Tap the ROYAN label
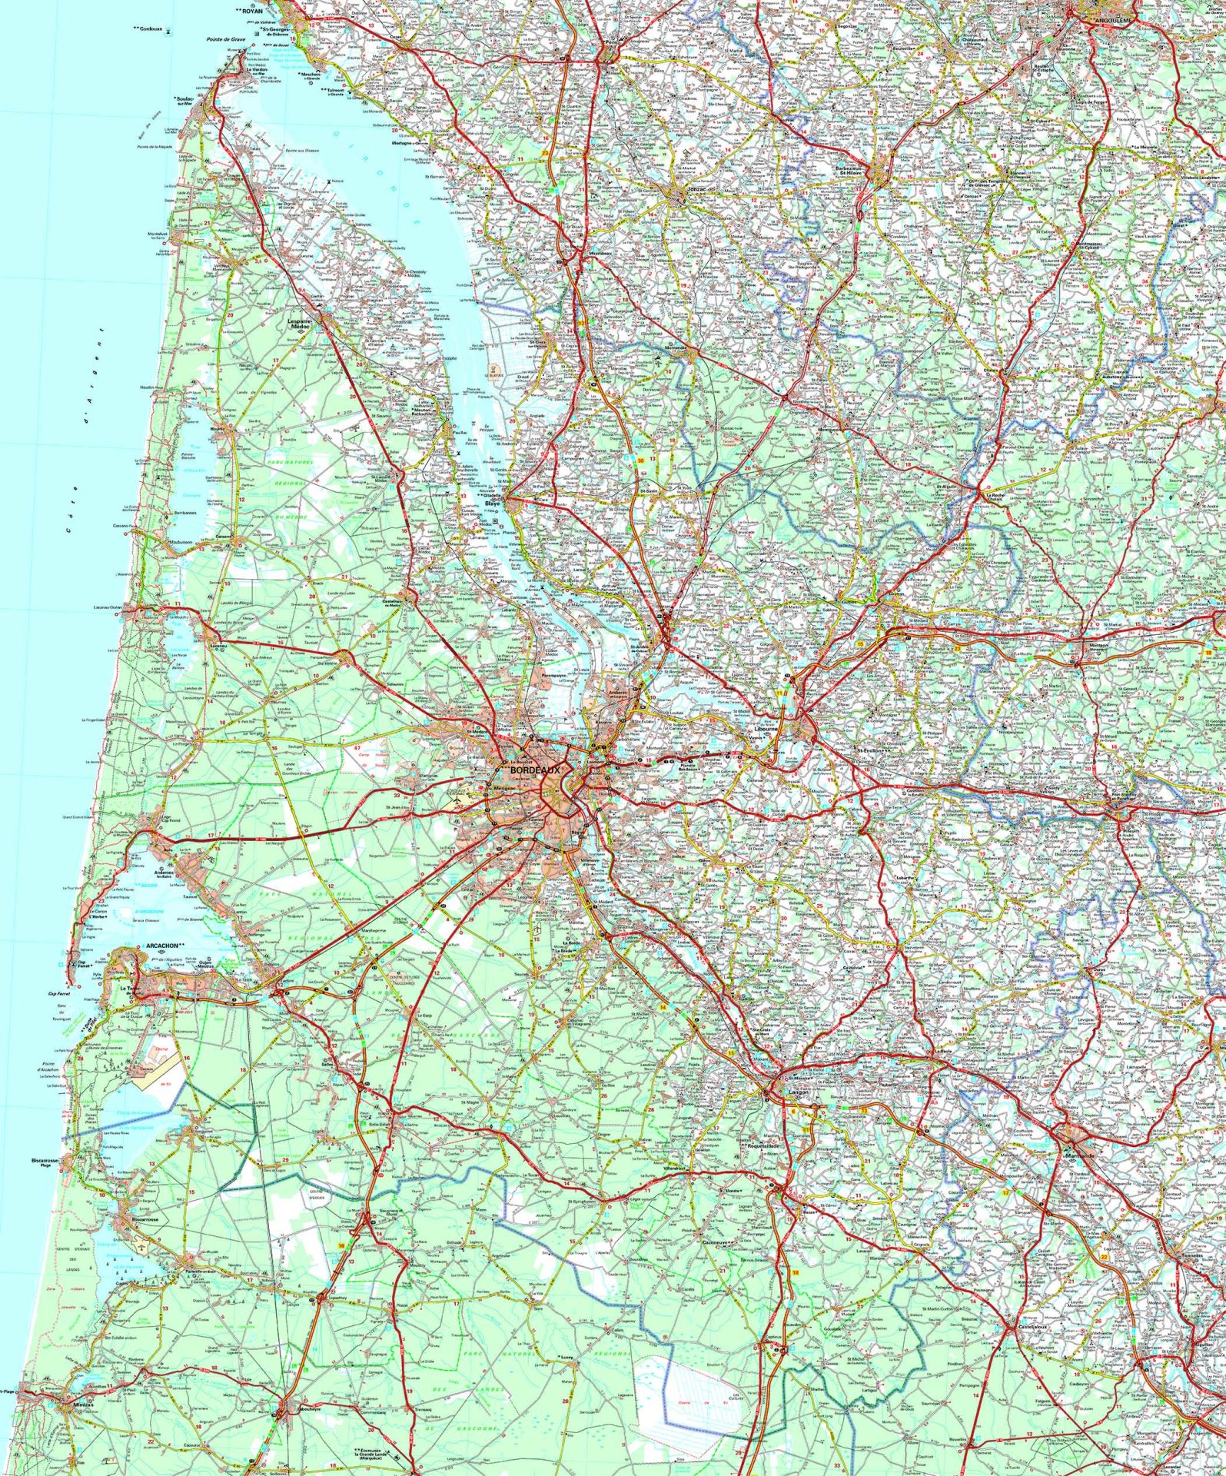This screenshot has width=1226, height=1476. coord(251,12)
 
